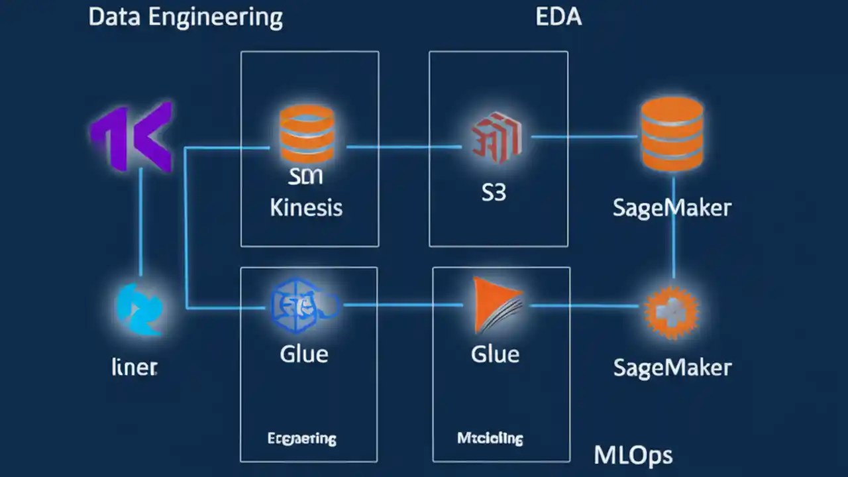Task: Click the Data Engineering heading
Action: (x=185, y=18)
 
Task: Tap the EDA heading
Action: (x=558, y=17)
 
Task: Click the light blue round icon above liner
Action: (x=140, y=309)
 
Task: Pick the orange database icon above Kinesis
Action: (x=307, y=132)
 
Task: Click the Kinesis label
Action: (x=306, y=207)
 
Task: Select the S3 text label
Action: (x=494, y=193)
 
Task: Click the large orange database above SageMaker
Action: (x=672, y=134)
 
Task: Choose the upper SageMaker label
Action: (x=672, y=207)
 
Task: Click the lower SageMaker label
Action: (x=672, y=367)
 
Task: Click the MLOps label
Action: (x=633, y=455)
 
